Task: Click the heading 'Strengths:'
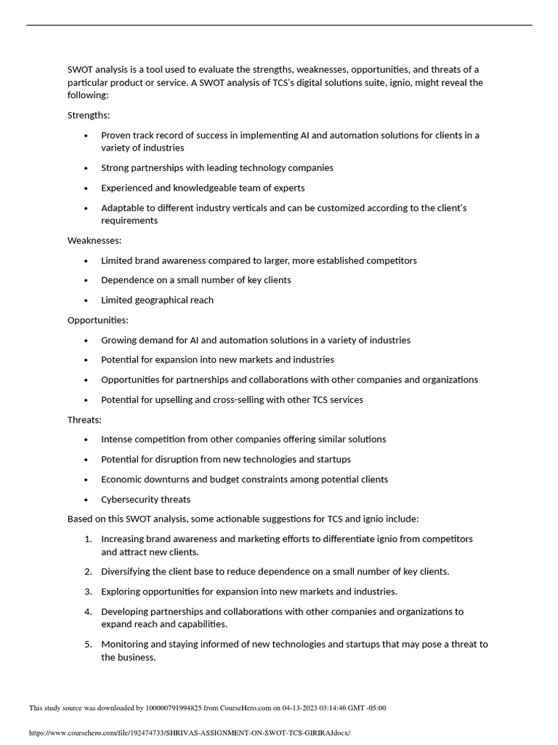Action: pyautogui.click(x=89, y=115)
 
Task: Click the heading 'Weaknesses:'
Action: pyautogui.click(x=94, y=240)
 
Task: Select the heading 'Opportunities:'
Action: pyautogui.click(x=97, y=319)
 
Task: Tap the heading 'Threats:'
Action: pyautogui.click(x=84, y=420)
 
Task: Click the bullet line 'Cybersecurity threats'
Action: pyautogui.click(x=145, y=499)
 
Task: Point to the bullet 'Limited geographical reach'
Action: pyautogui.click(x=157, y=300)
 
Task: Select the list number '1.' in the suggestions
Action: pyautogui.click(x=88, y=539)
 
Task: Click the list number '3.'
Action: pyautogui.click(x=88, y=591)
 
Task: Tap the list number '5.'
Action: pyautogui.click(x=88, y=644)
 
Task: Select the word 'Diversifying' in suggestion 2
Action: pyautogui.click(x=127, y=572)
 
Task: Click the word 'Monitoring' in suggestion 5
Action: pyautogui.click(x=125, y=644)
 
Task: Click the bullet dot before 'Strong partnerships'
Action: pyautogui.click(x=86, y=168)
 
